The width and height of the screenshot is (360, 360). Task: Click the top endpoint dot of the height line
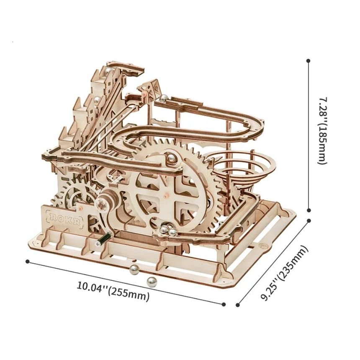click(x=309, y=61)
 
